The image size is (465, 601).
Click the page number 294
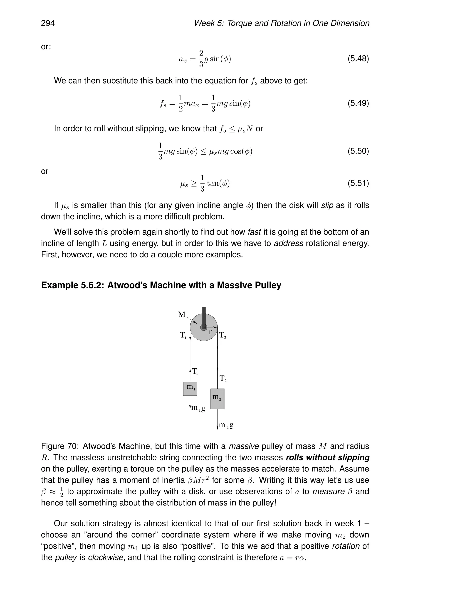point(48,23)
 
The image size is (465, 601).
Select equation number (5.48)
point(358,59)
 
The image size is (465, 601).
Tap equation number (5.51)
point(358,183)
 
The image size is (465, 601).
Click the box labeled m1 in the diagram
point(190,388)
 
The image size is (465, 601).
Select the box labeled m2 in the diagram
point(217,399)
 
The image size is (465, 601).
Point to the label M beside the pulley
point(182,314)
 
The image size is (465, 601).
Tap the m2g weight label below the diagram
point(226,425)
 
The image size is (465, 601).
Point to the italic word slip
point(327,205)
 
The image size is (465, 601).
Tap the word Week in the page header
point(204,23)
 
